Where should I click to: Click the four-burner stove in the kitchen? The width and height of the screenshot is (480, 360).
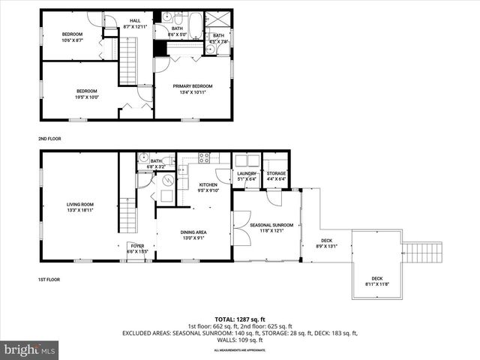tap(202, 158)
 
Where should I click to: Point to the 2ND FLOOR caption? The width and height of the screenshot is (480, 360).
tap(49, 139)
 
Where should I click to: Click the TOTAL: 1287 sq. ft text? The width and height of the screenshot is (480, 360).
tap(239, 319)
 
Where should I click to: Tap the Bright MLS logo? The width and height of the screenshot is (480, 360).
tap(30, 349)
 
